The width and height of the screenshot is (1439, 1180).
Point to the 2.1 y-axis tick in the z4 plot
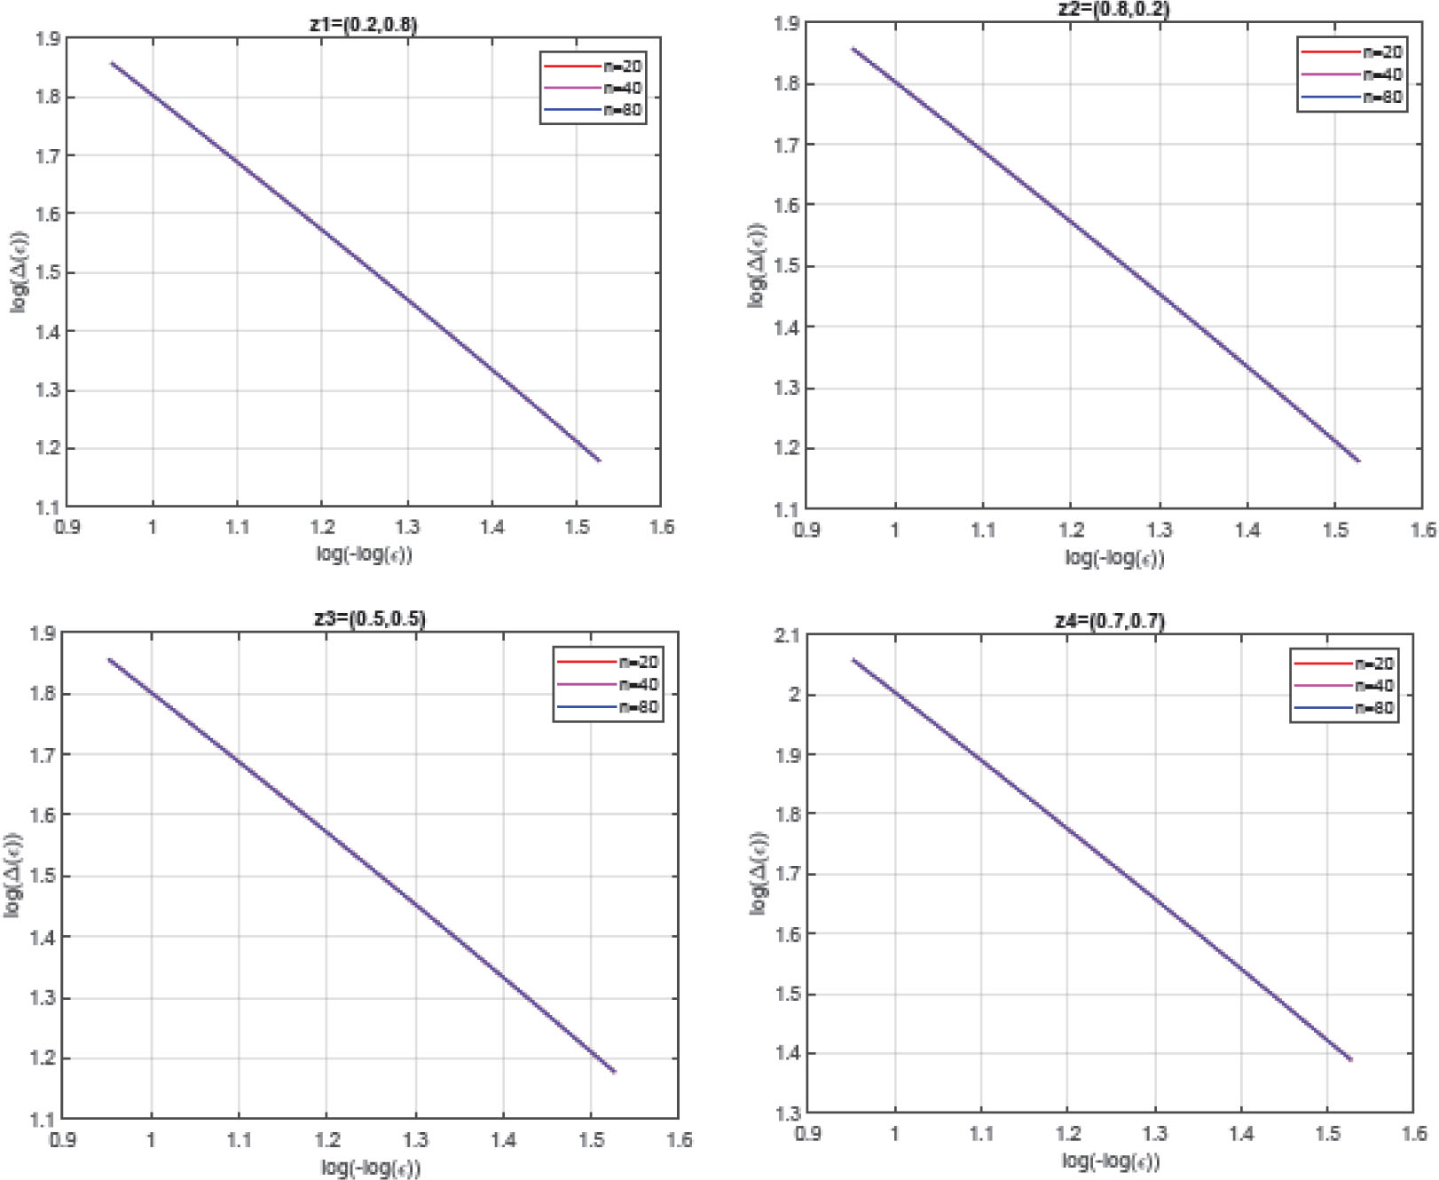pyautogui.click(x=787, y=635)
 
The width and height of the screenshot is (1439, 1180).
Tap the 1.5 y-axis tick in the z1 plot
pyautogui.click(x=48, y=272)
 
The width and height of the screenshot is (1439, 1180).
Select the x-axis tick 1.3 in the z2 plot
pyautogui.click(x=1159, y=530)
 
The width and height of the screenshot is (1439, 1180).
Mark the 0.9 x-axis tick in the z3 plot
pyautogui.click(x=63, y=1139)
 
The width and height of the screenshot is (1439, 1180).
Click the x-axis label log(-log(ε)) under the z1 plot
pyautogui.click(x=365, y=555)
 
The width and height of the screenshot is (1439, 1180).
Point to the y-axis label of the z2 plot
pyautogui.click(x=757, y=264)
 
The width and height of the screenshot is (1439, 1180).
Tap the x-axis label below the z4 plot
pyautogui.click(x=1111, y=1160)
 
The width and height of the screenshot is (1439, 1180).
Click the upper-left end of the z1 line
pyautogui.click(x=112, y=62)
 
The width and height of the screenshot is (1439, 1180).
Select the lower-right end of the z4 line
pyautogui.click(x=1351, y=1059)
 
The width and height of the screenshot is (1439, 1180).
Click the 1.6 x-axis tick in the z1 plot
pyautogui.click(x=661, y=527)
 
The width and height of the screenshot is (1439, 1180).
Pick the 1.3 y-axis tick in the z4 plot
pyautogui.click(x=787, y=1113)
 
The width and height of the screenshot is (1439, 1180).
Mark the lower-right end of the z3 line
pyautogui.click(x=614, y=1072)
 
